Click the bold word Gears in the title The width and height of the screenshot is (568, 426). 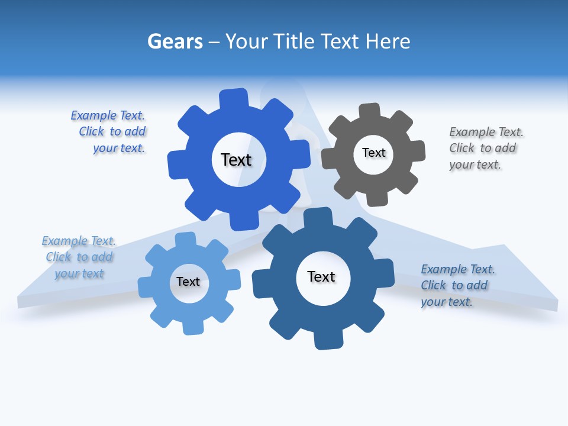pyautogui.click(x=175, y=41)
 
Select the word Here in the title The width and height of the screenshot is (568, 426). pyautogui.click(x=388, y=41)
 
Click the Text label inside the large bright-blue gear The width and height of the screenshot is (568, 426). pyautogui.click(x=236, y=160)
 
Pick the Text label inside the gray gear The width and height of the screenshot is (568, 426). pyautogui.click(x=373, y=153)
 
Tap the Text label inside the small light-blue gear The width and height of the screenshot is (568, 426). pyautogui.click(x=188, y=282)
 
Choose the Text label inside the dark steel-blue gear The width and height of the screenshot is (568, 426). pyautogui.click(x=321, y=276)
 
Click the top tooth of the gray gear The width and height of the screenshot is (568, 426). pyautogui.click(x=370, y=111)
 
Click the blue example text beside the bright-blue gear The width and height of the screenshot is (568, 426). pyautogui.click(x=109, y=131)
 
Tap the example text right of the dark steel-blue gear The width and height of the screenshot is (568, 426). pyautogui.click(x=457, y=285)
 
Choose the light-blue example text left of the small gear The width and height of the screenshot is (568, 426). pyautogui.click(x=79, y=257)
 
